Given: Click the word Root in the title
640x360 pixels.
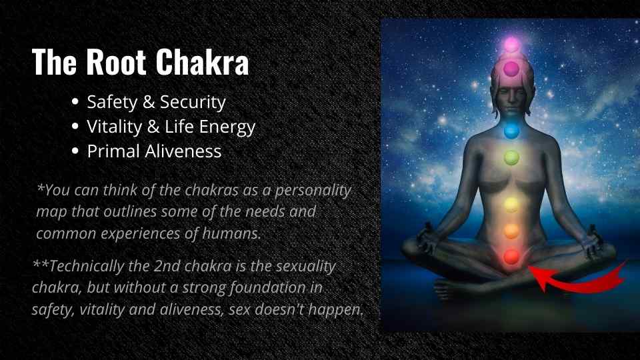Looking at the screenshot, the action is click(x=116, y=62).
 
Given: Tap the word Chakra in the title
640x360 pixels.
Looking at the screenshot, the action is click(x=203, y=62).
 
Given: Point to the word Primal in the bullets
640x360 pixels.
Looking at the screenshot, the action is click(x=113, y=152).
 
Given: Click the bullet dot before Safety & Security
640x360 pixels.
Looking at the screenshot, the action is click(x=75, y=101).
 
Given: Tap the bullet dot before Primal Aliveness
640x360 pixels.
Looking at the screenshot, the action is click(x=75, y=151).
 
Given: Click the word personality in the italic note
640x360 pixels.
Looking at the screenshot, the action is click(x=313, y=191).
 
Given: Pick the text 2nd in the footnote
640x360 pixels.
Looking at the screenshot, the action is click(x=167, y=266).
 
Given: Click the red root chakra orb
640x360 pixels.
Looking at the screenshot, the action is click(x=511, y=257).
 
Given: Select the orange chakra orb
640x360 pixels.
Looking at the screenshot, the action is click(x=511, y=231).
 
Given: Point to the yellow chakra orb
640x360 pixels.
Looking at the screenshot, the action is click(x=511, y=205).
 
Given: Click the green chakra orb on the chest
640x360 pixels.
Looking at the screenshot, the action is click(x=511, y=157).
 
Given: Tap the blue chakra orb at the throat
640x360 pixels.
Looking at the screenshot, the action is click(x=511, y=131).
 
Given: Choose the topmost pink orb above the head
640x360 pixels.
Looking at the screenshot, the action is click(x=511, y=45).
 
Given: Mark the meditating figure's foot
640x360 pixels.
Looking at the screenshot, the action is click(x=449, y=288).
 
